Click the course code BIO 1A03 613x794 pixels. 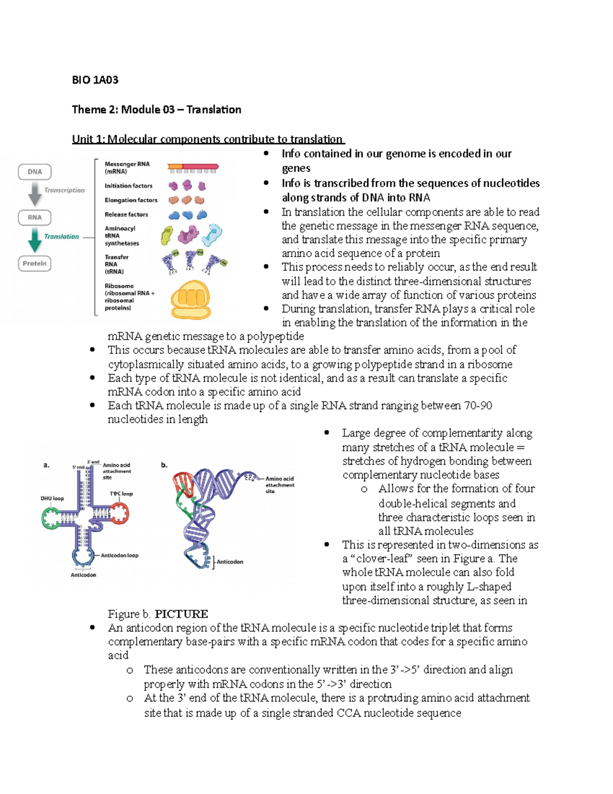tap(95, 80)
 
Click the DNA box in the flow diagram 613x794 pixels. tap(35, 172)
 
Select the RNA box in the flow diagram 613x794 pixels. tap(35, 217)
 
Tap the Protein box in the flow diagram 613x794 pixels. tap(35, 263)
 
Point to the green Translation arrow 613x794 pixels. tap(35, 239)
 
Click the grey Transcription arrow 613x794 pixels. tap(35, 194)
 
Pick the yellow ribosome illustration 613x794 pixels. tap(190, 300)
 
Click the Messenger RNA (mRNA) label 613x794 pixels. tap(127, 168)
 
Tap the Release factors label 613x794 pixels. tap(126, 214)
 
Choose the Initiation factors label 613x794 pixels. tap(128, 186)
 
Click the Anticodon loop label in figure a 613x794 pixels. tap(119, 555)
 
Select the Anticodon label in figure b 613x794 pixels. tap(230, 561)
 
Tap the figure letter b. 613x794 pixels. tap(164, 465)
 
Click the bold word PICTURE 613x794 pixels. tap(181, 614)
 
